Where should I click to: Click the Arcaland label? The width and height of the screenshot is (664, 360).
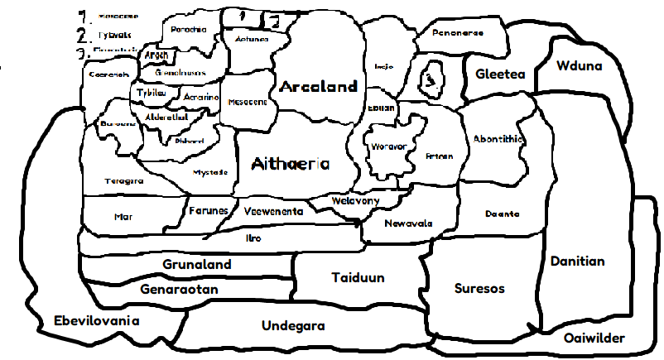[319, 86]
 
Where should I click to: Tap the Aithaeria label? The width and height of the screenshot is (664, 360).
[291, 163]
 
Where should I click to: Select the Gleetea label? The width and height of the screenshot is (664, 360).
[500, 74]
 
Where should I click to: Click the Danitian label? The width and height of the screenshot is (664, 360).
[577, 262]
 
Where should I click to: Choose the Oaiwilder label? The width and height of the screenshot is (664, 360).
[594, 338]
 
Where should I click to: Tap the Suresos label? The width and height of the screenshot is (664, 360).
[479, 289]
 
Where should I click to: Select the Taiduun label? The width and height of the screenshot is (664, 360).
[358, 278]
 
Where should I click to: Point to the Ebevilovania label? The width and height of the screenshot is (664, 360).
[96, 321]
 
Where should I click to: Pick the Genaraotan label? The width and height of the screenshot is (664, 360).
[179, 290]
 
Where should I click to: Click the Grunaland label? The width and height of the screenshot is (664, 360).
[197, 265]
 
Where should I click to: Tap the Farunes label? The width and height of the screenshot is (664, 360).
[208, 211]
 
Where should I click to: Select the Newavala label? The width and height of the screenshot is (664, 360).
[409, 223]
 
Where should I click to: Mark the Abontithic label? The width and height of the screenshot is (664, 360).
[498, 139]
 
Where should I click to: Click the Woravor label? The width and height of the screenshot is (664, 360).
[389, 146]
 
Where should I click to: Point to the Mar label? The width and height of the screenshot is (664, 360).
[123, 217]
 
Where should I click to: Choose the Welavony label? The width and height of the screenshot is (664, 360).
[355, 201]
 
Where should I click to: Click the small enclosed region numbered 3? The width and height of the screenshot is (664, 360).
[431, 79]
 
